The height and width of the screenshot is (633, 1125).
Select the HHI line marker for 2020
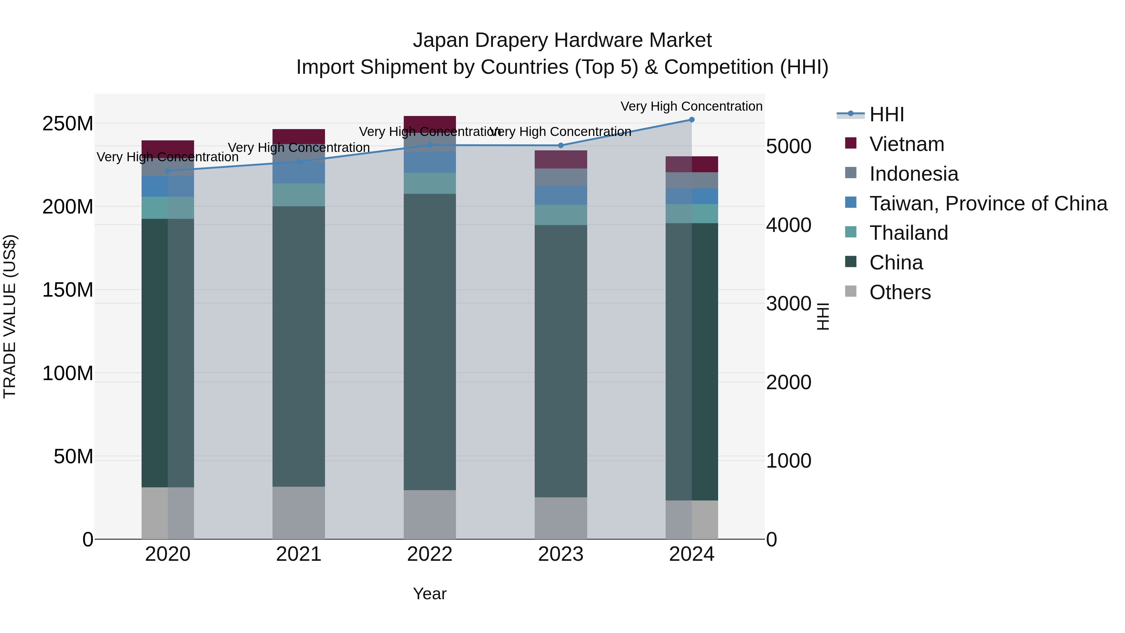(168, 171)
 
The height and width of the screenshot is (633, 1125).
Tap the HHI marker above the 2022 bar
(430, 145)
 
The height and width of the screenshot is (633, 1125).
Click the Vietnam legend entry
(907, 144)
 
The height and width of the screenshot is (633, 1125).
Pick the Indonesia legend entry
(914, 174)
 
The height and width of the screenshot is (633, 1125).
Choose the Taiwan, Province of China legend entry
(988, 203)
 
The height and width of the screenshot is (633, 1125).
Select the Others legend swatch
(851, 291)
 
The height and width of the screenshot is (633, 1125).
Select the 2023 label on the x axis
(560, 554)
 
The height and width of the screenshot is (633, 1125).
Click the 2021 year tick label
(299, 554)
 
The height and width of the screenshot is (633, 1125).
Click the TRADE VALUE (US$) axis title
(10, 316)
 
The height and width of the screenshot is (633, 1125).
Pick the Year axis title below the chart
(430, 594)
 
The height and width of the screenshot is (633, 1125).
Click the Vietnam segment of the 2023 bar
(560, 159)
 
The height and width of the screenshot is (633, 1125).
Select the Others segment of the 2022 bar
(430, 514)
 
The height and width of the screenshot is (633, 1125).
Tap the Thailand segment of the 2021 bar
(299, 195)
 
